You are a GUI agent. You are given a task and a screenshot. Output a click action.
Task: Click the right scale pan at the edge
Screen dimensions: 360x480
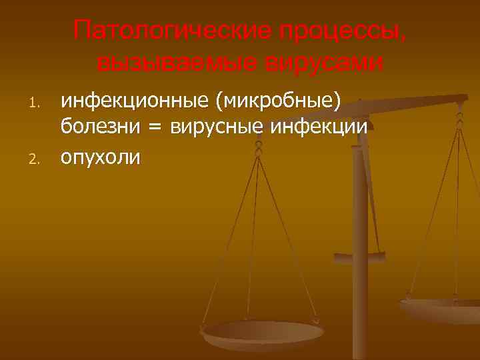(x=440, y=308)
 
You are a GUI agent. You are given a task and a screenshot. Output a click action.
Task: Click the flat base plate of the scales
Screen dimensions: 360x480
(x=359, y=256)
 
